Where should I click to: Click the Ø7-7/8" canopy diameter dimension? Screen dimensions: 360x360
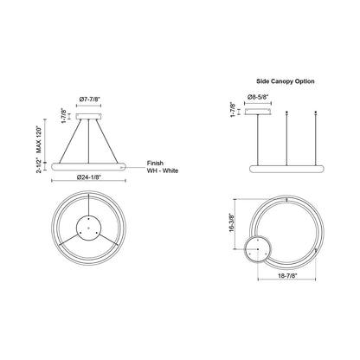click(91, 100)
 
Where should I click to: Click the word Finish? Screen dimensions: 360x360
click(156, 162)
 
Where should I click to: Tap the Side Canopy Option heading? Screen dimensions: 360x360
click(281, 80)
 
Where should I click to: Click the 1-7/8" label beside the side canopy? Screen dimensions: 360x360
click(233, 111)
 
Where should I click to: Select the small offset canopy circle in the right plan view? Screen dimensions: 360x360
click(258, 248)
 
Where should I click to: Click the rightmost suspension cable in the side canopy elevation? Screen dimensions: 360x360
click(311, 137)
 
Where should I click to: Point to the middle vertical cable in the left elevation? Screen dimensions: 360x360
click(90, 138)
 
